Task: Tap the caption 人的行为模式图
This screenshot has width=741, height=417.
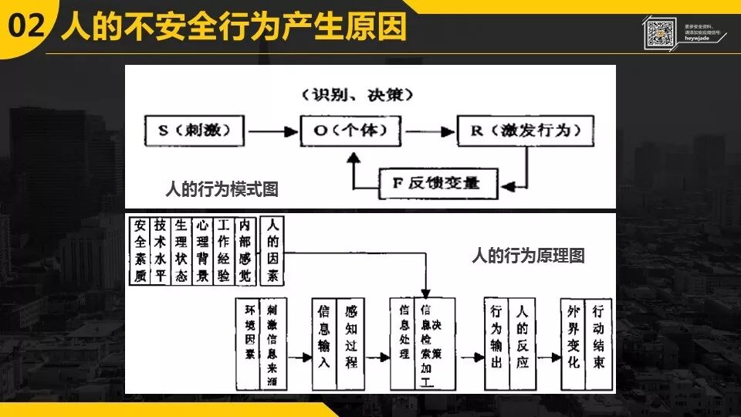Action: point(222,188)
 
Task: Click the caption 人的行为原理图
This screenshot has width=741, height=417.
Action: point(528,256)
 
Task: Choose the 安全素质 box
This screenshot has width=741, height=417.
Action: point(140,250)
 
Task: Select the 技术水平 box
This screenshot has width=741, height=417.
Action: point(160,250)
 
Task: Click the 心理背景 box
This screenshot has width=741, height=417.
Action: point(201,250)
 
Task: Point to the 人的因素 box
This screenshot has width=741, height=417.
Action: point(272,250)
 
